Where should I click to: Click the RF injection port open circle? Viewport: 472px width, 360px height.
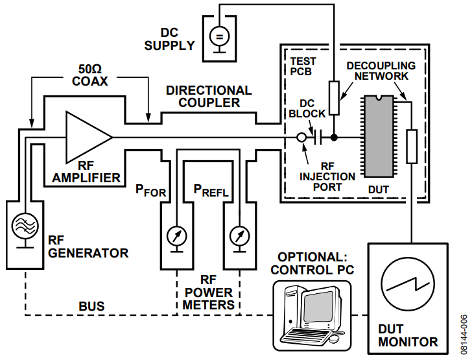click(301, 138)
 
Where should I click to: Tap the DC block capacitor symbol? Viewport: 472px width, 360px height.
click(317, 138)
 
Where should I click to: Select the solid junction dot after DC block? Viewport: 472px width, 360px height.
click(334, 138)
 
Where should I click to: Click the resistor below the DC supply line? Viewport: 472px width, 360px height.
click(334, 97)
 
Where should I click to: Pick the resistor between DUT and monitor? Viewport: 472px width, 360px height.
click(411, 147)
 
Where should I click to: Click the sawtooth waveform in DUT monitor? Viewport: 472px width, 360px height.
click(408, 285)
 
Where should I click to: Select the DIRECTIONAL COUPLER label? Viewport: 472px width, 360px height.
click(209, 96)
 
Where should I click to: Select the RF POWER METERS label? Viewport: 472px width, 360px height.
click(208, 292)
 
